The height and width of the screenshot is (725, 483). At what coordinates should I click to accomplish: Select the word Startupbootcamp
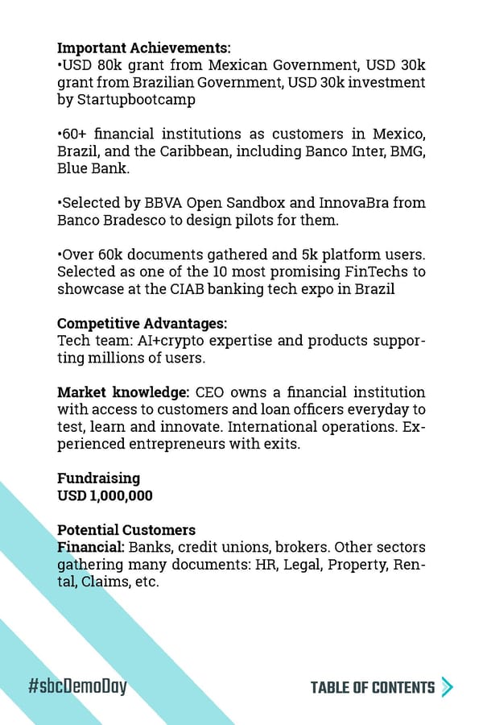coord(126,100)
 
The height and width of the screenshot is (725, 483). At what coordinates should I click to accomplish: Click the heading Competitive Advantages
coord(142,324)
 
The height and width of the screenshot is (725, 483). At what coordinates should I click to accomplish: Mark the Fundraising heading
coord(98,478)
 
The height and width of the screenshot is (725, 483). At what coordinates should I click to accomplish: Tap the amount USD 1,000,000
coord(105,495)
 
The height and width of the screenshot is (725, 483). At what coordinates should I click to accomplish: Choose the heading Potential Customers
coord(126,530)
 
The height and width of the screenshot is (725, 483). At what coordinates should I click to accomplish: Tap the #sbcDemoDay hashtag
coord(77,687)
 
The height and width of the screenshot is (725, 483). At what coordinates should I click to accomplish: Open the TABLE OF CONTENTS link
coord(372,687)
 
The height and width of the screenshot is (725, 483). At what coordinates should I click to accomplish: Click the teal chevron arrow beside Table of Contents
coord(448,687)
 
